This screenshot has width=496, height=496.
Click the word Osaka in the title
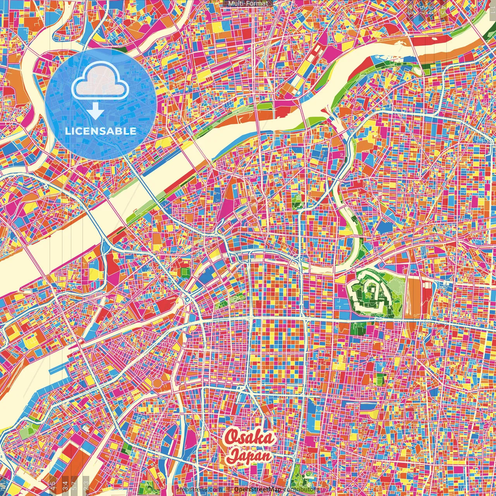pyautogui.click(x=250, y=438)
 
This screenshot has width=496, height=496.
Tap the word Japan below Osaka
pyautogui.click(x=249, y=456)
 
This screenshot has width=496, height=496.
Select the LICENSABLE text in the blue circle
pyautogui.click(x=101, y=131)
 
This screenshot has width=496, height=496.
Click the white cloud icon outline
pyautogui.click(x=100, y=80)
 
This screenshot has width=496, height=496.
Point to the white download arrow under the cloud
pyautogui.click(x=95, y=112)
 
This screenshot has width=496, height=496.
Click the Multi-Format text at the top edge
pyautogui.click(x=248, y=3)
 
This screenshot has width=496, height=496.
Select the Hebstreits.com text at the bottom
pyautogui.click(x=199, y=489)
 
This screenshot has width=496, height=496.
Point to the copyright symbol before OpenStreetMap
pyautogui.click(x=229, y=489)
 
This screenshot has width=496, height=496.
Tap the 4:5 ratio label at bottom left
pyautogui.click(x=53, y=485)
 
